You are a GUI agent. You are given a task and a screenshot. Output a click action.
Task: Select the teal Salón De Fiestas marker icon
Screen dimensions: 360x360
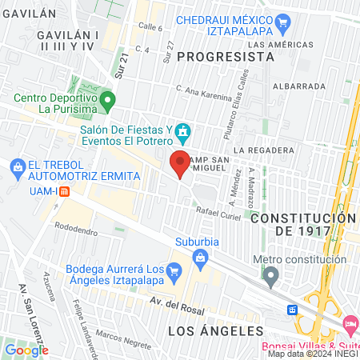coord(183,130)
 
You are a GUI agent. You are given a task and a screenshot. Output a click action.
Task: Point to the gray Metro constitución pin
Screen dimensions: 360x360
coord(271,276)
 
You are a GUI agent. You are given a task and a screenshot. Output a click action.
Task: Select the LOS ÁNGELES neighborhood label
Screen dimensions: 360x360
coord(216,330)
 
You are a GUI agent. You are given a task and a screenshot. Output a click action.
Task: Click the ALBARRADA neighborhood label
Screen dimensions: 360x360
coord(298,86)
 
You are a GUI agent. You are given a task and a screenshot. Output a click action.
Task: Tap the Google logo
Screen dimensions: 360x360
coord(26,350)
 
